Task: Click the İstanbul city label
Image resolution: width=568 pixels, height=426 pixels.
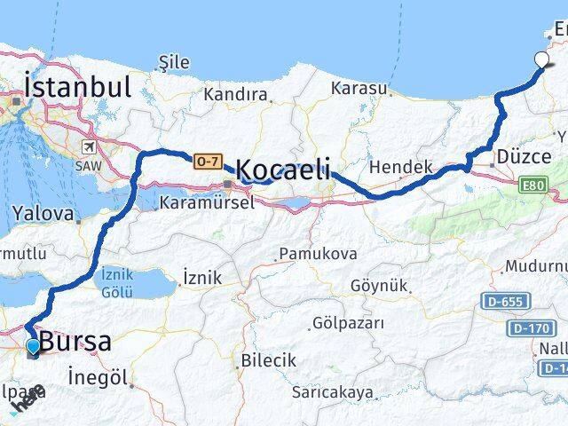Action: click(78, 87)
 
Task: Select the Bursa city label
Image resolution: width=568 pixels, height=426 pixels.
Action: click(75, 343)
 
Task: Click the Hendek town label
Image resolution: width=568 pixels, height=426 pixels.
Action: click(400, 166)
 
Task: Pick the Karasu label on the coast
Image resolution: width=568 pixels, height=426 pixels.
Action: click(359, 88)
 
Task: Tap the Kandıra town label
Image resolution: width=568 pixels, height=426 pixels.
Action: click(235, 94)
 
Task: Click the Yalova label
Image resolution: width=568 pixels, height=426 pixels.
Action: click(43, 214)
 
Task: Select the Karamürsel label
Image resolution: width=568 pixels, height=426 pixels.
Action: click(207, 202)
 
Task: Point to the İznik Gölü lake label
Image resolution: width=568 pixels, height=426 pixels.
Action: click(118, 282)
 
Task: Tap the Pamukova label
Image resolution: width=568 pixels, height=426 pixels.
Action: click(318, 255)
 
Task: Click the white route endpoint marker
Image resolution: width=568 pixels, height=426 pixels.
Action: click(542, 60)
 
